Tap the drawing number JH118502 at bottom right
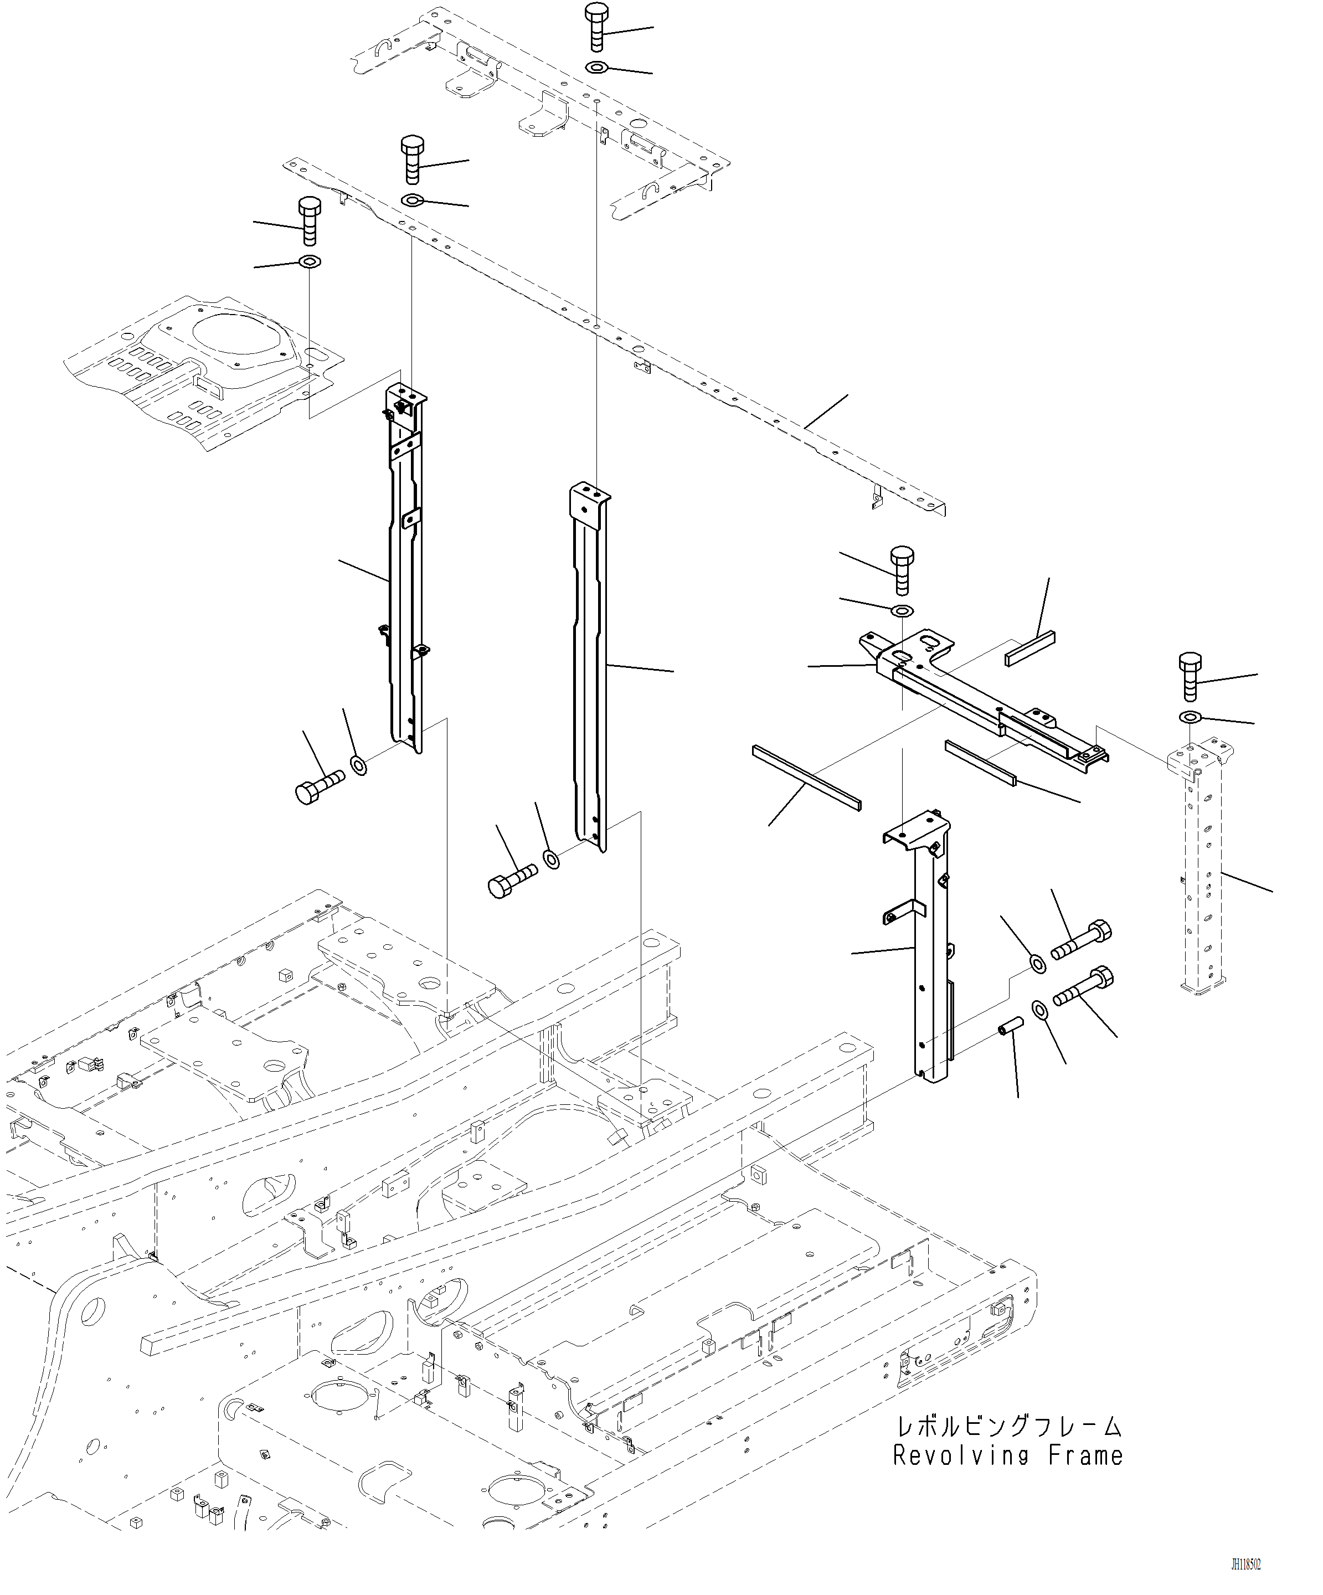(1245, 1565)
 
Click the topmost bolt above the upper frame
(596, 27)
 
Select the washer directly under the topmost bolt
(596, 68)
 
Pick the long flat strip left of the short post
(806, 777)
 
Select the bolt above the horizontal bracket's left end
(902, 570)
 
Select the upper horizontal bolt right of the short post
(1081, 942)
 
